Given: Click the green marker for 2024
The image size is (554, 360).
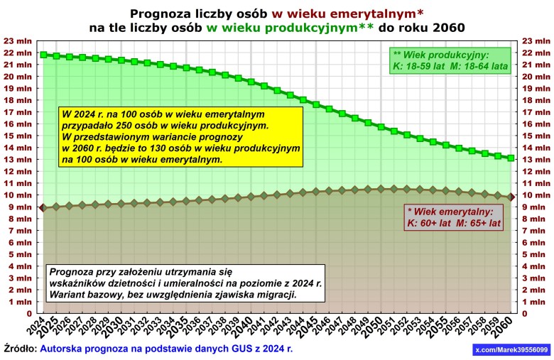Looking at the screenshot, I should coord(43,55).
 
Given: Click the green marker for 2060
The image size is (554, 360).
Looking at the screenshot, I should coord(511,158).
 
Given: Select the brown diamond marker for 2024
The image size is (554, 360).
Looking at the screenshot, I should coord(43,207).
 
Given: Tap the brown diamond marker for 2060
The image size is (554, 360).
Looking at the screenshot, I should coord(511,197).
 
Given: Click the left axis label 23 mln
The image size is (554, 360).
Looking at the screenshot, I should coord(18,40).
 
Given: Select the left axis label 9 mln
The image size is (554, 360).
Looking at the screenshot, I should coord(21,207).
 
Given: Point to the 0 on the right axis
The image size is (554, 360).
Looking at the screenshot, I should coord(526,313).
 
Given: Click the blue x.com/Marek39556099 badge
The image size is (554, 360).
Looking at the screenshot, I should coord(511,350).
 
